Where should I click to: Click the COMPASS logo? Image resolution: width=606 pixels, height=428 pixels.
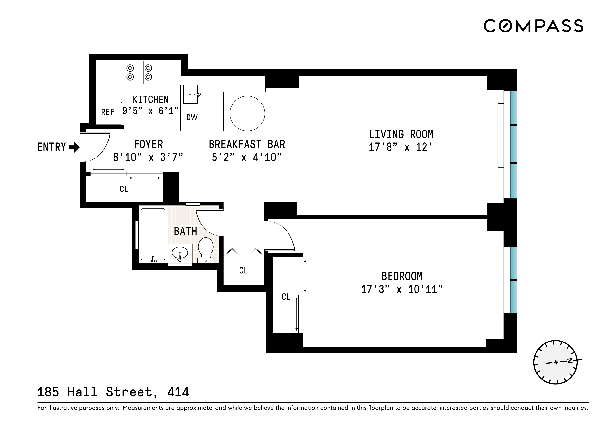[x=533, y=26]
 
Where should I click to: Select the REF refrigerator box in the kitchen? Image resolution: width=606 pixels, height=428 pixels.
[x=107, y=112]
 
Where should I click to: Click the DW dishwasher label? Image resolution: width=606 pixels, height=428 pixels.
[x=192, y=117]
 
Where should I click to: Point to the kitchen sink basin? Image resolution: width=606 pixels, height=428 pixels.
[x=190, y=94]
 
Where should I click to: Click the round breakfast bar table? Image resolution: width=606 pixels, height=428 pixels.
[x=247, y=114]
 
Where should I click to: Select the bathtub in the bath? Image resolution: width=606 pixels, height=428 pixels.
[x=153, y=234]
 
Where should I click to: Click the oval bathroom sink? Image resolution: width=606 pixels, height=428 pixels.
[x=180, y=253]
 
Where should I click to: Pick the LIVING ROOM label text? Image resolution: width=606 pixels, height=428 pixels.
[x=401, y=134]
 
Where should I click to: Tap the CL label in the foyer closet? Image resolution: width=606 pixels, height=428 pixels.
[x=124, y=189]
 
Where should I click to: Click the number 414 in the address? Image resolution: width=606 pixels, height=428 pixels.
[x=178, y=392]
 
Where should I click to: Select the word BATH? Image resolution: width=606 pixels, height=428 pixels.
[x=185, y=232]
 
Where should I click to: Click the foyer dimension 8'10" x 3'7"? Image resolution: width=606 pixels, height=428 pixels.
[x=148, y=157]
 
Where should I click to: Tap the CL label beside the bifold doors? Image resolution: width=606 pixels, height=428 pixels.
[x=243, y=271]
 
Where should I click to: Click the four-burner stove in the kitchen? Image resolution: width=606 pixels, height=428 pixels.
[x=139, y=73]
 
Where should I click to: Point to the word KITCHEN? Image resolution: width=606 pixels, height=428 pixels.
[x=150, y=100]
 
